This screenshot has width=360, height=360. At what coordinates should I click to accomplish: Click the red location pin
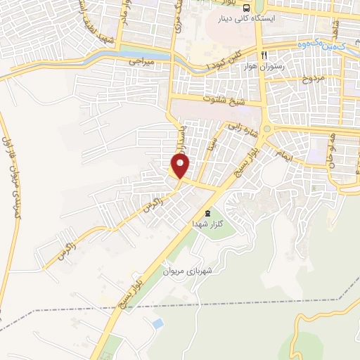[x=181, y=165]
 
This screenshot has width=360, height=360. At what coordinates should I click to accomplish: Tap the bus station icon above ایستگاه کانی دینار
[x=245, y=8]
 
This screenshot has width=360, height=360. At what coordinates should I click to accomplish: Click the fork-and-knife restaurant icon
[x=264, y=55]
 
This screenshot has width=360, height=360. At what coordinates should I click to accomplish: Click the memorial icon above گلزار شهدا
[x=207, y=212]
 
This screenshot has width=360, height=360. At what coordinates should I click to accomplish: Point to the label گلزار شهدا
[x=207, y=223]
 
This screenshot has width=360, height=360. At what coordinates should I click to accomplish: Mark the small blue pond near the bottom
[x=157, y=323]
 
